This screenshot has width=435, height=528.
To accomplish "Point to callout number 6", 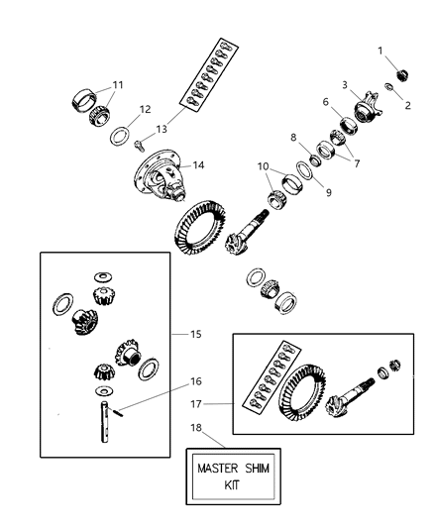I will coord(323,102).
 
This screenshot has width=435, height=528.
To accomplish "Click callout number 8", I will coord(292,138).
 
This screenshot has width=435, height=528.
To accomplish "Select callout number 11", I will coord(117,85).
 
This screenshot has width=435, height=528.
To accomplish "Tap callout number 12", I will coord(145,110).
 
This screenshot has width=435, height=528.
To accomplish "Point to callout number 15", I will coord(195,334).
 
